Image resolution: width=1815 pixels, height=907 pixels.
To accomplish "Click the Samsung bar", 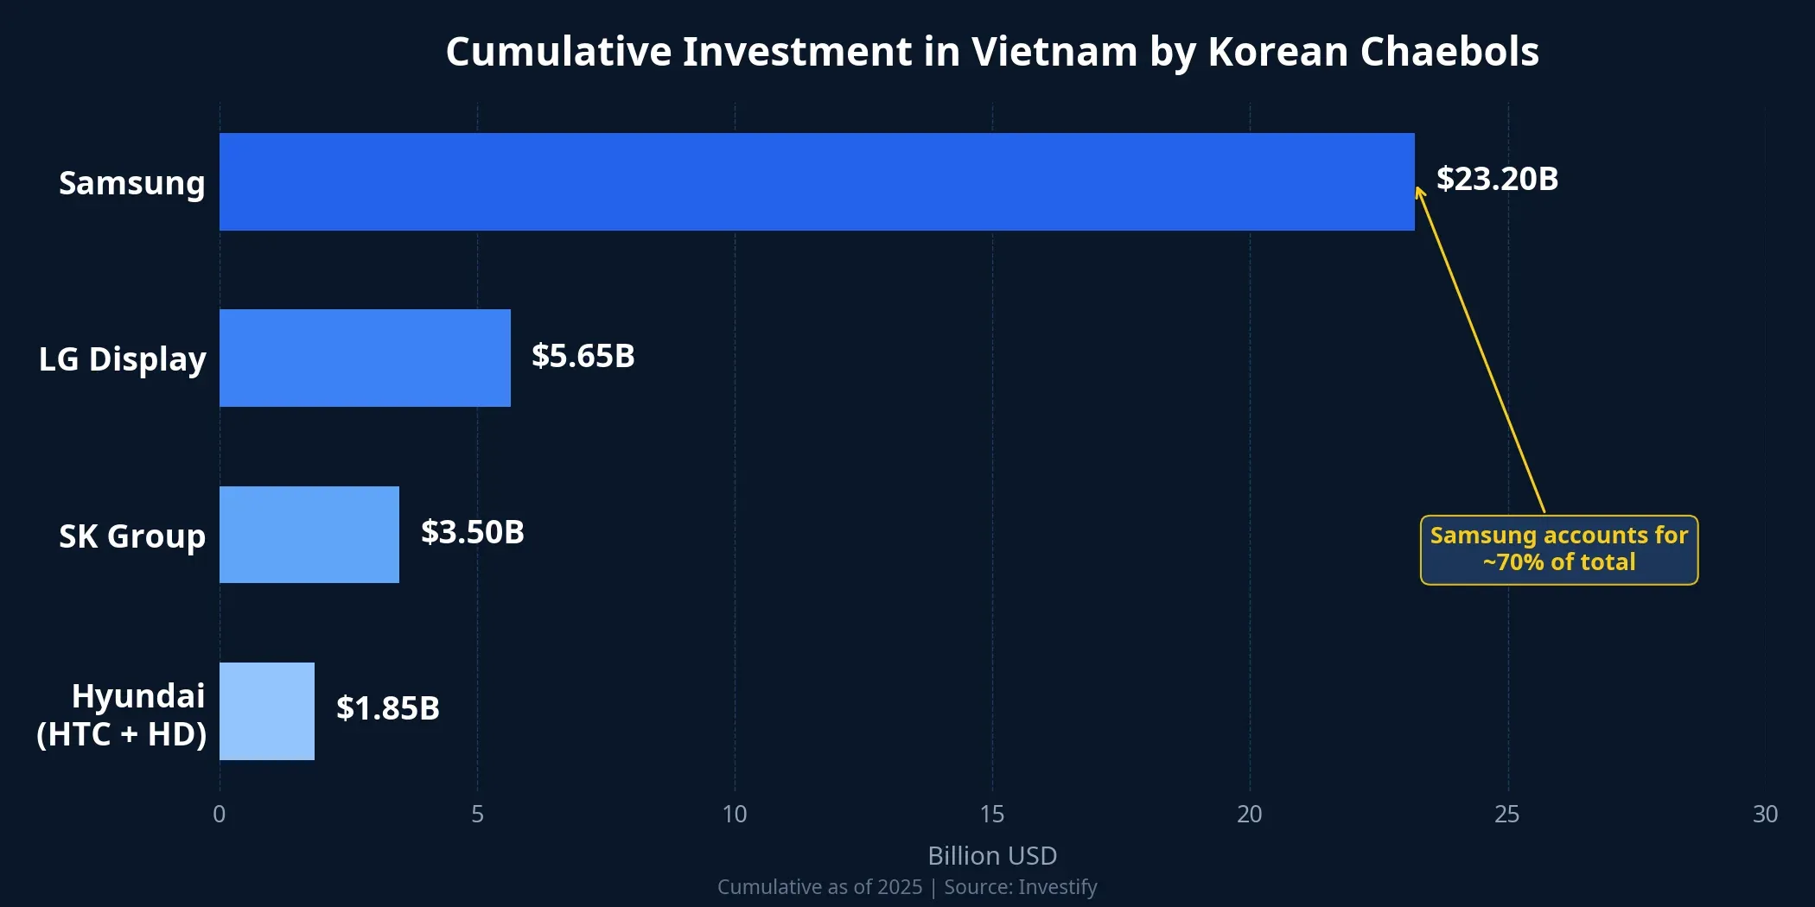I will [x=817, y=181].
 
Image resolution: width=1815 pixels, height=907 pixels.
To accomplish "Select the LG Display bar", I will [x=365, y=358].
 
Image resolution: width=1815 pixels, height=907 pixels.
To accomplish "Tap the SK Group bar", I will [x=309, y=535].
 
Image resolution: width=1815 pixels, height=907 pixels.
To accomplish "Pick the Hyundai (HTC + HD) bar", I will [x=267, y=711].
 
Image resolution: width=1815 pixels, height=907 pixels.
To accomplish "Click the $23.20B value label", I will [x=1497, y=179].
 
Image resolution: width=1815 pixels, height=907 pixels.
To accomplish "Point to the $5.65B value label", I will [x=583, y=356].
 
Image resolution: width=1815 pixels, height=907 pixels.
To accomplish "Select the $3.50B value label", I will [x=472, y=532].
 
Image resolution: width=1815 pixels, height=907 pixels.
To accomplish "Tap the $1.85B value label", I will [x=387, y=708].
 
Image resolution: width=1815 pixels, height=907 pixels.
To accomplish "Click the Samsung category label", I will [x=131, y=183].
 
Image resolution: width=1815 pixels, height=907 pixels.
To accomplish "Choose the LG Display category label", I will [x=122, y=359].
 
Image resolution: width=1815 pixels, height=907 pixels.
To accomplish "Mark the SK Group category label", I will [x=131, y=536].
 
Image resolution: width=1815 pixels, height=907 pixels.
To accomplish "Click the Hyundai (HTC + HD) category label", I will [x=122, y=714].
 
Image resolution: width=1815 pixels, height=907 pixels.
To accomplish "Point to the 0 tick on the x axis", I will [x=220, y=814].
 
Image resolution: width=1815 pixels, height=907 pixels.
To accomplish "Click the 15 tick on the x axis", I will [x=992, y=814].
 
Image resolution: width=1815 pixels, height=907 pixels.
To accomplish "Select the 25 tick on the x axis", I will [x=1507, y=814].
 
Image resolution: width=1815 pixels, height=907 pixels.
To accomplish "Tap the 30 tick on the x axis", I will [x=1765, y=814].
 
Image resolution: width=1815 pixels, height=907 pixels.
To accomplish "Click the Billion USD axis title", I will [x=992, y=855].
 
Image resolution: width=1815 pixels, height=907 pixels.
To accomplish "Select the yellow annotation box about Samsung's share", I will [x=1558, y=549].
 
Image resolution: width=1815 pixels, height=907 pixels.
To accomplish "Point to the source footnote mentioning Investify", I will [x=907, y=887].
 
